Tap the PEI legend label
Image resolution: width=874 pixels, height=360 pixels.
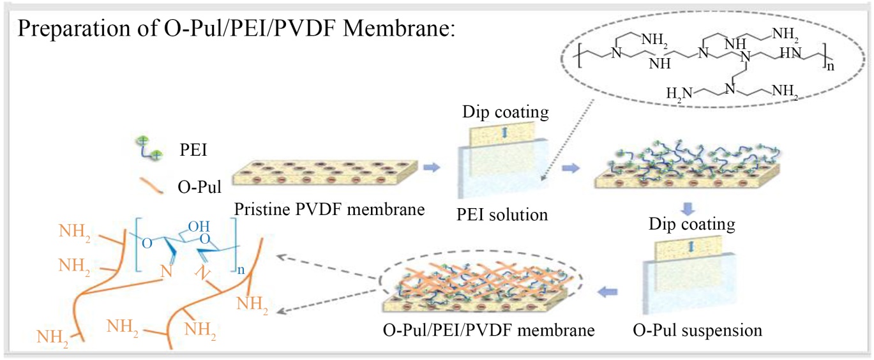click(x=193, y=150)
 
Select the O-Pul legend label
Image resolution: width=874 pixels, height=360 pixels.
click(x=199, y=187)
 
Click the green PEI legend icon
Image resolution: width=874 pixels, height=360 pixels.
click(x=149, y=148)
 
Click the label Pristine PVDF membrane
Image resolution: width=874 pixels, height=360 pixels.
click(x=329, y=209)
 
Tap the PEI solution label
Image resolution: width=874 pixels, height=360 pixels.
click(x=502, y=214)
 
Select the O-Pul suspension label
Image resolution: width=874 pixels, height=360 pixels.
click(x=697, y=331)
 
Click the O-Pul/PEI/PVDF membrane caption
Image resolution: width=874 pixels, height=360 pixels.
click(x=489, y=330)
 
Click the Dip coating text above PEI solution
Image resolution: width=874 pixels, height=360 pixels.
click(x=506, y=112)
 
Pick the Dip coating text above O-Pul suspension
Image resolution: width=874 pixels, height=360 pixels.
click(x=692, y=224)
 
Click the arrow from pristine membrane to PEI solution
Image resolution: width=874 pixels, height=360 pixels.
click(x=432, y=167)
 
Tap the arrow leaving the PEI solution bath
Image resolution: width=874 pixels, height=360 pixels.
click(x=571, y=168)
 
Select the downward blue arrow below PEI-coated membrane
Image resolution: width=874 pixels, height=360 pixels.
click(x=688, y=209)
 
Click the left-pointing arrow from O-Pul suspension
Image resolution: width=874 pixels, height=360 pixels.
click(x=608, y=291)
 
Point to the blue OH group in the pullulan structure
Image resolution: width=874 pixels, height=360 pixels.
click(x=199, y=226)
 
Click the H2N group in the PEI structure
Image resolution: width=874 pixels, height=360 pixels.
click(x=679, y=93)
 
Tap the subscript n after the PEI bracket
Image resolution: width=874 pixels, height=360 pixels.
click(x=831, y=66)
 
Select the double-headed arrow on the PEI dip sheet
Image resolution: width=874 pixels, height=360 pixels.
click(x=504, y=133)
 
